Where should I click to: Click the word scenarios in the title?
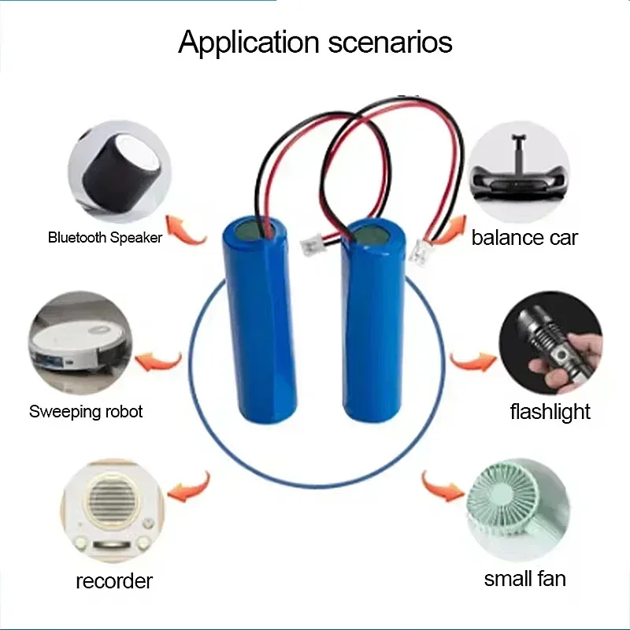[x=390, y=42]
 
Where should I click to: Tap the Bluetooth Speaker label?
[x=105, y=238]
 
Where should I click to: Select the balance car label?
[x=524, y=238]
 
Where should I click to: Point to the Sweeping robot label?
[x=86, y=412]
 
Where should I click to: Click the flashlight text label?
[x=550, y=412]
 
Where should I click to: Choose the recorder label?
[x=114, y=581]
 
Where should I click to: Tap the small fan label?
[x=524, y=579]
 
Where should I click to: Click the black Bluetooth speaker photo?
[x=120, y=172]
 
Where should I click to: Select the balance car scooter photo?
[x=518, y=172]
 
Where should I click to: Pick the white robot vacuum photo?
[x=80, y=343]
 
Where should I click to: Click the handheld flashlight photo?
[x=550, y=343]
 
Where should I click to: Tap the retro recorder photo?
[x=113, y=510]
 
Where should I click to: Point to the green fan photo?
[x=518, y=510]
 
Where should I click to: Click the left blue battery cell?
[x=259, y=321]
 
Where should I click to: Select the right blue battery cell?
[x=372, y=321]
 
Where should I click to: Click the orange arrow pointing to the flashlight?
[x=473, y=361]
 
